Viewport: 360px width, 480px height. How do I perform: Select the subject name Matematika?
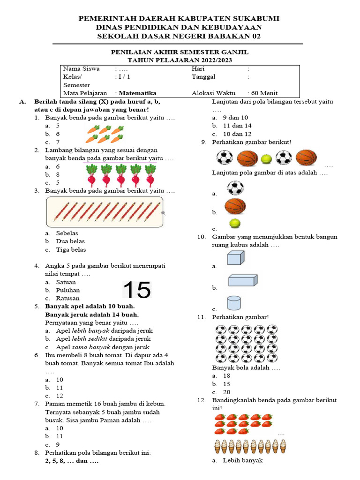(138, 93)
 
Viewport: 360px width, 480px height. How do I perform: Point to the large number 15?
(137, 290)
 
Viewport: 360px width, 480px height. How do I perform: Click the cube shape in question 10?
(235, 258)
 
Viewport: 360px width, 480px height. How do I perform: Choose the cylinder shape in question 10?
(234, 302)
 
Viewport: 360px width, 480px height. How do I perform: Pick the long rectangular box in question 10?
(242, 280)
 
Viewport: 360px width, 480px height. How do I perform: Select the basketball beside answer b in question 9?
(235, 206)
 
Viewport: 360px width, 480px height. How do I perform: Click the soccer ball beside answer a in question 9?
(235, 188)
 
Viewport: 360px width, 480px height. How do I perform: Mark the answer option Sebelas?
(67, 233)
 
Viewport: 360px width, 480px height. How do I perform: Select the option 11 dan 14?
(237, 126)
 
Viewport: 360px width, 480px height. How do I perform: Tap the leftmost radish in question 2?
(91, 175)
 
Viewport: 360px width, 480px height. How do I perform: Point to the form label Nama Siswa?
(81, 68)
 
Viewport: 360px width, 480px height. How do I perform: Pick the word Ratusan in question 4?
(67, 298)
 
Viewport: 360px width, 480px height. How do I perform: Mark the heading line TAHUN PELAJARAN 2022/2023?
(180, 60)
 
